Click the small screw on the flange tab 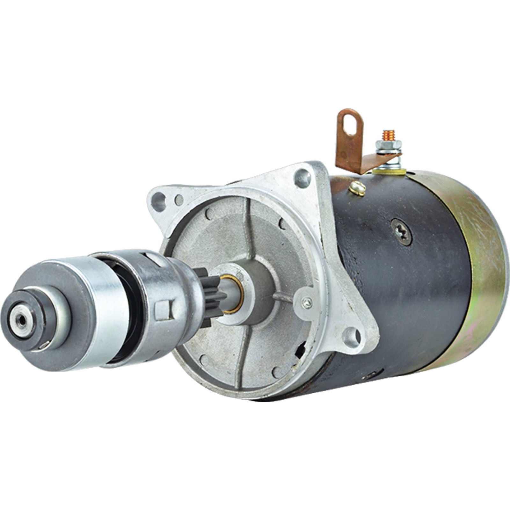307,302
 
